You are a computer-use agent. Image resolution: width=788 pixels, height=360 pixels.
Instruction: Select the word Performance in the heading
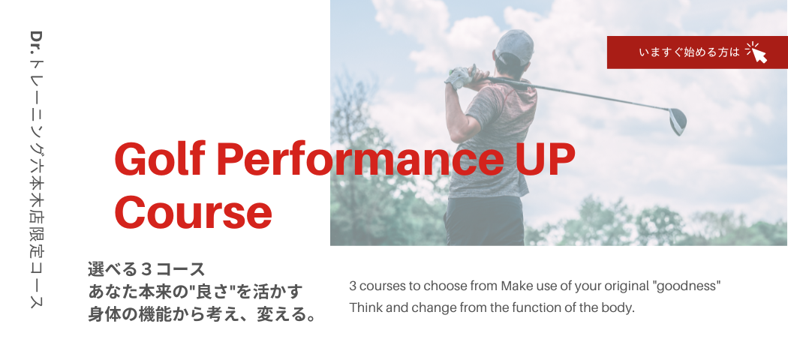click(360, 159)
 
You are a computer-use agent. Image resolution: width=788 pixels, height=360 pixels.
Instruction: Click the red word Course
click(194, 212)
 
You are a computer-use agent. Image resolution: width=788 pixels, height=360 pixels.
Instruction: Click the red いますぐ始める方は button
click(697, 52)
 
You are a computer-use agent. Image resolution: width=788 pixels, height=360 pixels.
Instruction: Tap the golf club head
click(678, 121)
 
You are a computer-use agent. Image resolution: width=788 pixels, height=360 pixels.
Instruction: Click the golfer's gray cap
click(515, 44)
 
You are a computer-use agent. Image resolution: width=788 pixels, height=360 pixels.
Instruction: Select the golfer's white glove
click(460, 77)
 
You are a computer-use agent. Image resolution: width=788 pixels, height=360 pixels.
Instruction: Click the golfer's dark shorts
click(485, 220)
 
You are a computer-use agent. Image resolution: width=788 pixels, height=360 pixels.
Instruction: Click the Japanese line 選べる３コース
click(146, 269)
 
